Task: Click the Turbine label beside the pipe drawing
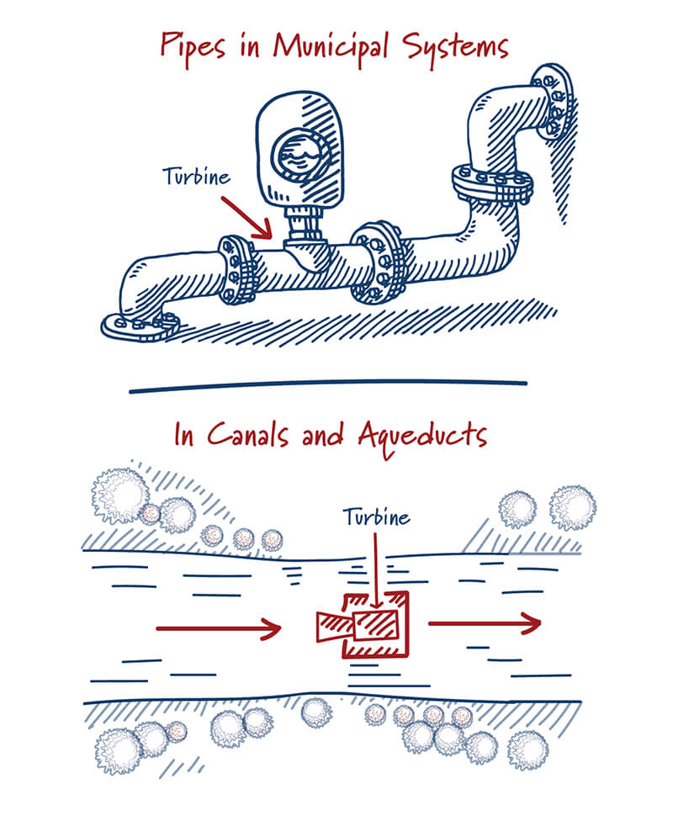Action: [196, 177]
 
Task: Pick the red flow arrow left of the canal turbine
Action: [217, 627]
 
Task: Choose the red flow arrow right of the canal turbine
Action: [484, 623]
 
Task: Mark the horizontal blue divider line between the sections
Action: [328, 385]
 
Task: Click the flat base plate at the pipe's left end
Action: [140, 323]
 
